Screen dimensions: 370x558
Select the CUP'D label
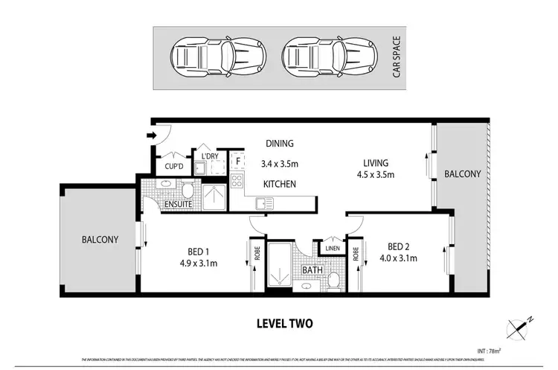click(x=174, y=167)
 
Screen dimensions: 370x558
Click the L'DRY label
click(x=211, y=156)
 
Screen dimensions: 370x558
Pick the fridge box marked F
click(x=238, y=161)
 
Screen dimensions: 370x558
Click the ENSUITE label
click(x=179, y=203)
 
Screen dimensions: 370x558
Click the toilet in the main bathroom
click(x=334, y=280)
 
